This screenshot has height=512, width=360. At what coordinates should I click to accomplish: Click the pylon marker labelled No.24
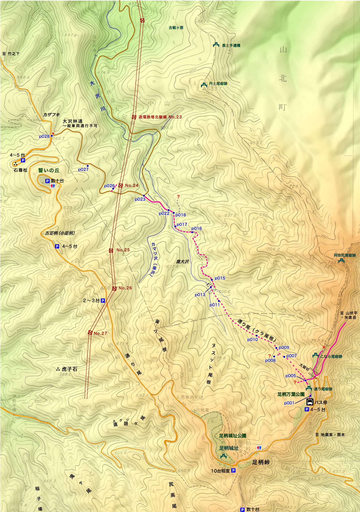[x=121, y=185]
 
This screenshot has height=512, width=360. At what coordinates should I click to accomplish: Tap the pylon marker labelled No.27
[x=90, y=332]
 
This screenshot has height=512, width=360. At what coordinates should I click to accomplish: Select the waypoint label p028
[x=44, y=136]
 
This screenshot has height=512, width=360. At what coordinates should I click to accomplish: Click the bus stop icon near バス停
[x=310, y=402]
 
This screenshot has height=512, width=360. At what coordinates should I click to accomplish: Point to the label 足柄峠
[x=261, y=462]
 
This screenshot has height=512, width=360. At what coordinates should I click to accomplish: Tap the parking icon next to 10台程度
[x=234, y=471]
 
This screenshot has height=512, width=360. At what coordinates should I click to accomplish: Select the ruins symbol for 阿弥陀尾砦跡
[x=342, y=260]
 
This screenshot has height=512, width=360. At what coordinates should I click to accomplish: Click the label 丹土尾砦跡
[x=218, y=83]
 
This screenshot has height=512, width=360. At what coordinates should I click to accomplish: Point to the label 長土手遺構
[x=231, y=45]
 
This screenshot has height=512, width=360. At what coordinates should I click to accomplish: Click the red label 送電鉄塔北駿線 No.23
[x=160, y=117]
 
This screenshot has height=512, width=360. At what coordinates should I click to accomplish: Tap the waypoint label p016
[x=197, y=228]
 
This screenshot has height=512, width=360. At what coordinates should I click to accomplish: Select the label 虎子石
[x=69, y=369]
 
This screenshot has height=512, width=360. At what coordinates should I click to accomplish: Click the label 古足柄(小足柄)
[x=60, y=233]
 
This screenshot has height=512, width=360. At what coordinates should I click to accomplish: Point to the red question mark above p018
[x=178, y=196]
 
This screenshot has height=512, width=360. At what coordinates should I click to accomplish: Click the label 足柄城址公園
[x=233, y=436]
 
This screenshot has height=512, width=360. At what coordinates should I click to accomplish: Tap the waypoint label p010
[x=252, y=339]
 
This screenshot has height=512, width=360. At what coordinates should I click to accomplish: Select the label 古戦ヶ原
[x=176, y=28]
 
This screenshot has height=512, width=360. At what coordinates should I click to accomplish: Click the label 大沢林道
[x=73, y=121]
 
